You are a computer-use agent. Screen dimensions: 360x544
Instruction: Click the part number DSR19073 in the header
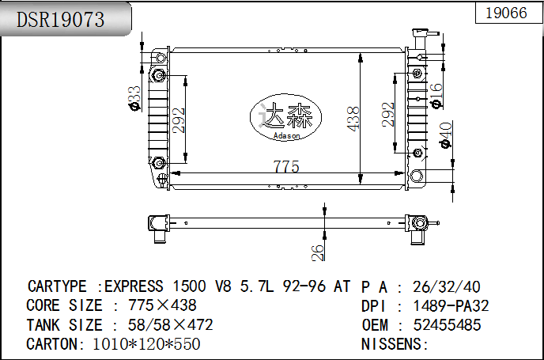point(62,20)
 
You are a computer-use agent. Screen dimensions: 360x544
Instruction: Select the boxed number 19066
point(505,13)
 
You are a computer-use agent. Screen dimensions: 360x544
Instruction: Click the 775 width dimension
point(285,166)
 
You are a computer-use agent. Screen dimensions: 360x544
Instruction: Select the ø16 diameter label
point(436,95)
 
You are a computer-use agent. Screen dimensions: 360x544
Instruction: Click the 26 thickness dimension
point(317,252)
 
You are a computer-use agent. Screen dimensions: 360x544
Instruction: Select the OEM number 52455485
point(447,324)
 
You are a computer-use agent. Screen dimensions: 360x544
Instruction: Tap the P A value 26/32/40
point(447,286)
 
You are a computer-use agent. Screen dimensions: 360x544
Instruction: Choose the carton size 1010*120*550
point(146,344)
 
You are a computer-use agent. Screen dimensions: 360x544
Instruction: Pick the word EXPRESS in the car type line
point(134,286)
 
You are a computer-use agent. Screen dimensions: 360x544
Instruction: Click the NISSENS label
point(395,344)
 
